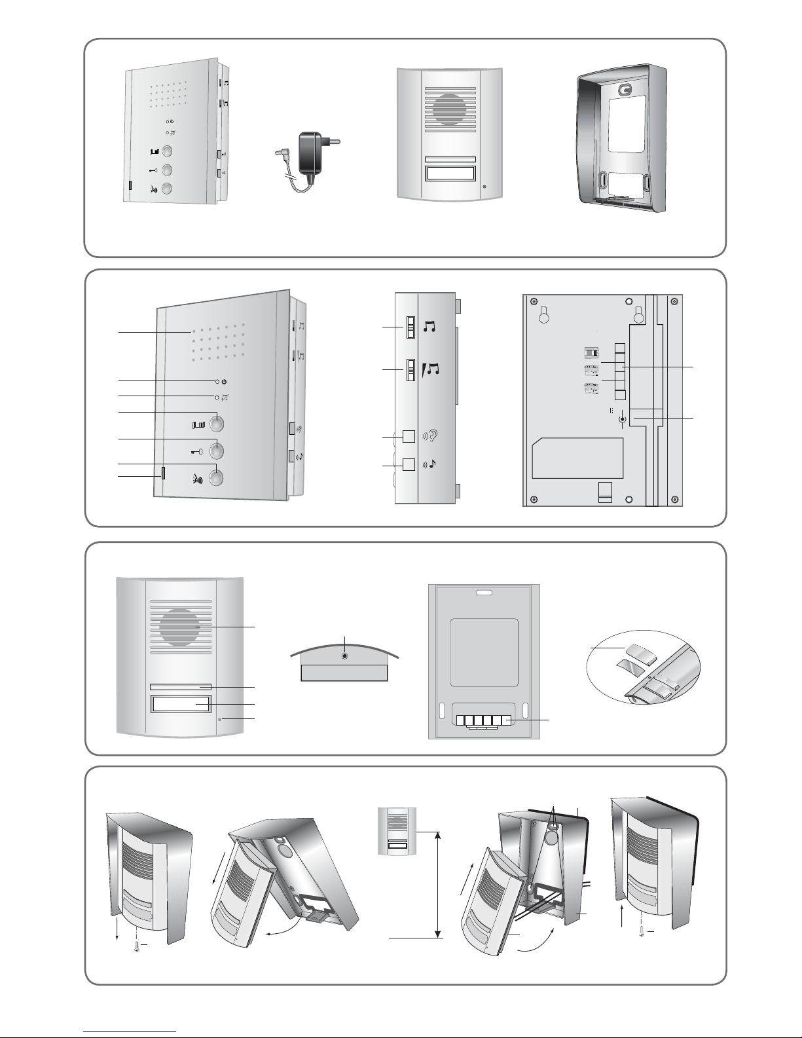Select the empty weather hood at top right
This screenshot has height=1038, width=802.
coord(621,142)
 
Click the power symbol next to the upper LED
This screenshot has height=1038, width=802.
coord(224,381)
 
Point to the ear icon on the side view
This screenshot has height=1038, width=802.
coord(430,436)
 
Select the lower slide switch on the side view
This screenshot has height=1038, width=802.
coord(411,370)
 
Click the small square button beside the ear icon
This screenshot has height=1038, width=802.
coord(409,436)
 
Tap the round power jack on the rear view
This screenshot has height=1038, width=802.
coord(623,420)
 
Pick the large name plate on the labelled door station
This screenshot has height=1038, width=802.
coord(180,705)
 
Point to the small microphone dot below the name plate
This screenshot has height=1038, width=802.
coord(220,720)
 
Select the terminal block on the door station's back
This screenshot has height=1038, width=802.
coord(483,721)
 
